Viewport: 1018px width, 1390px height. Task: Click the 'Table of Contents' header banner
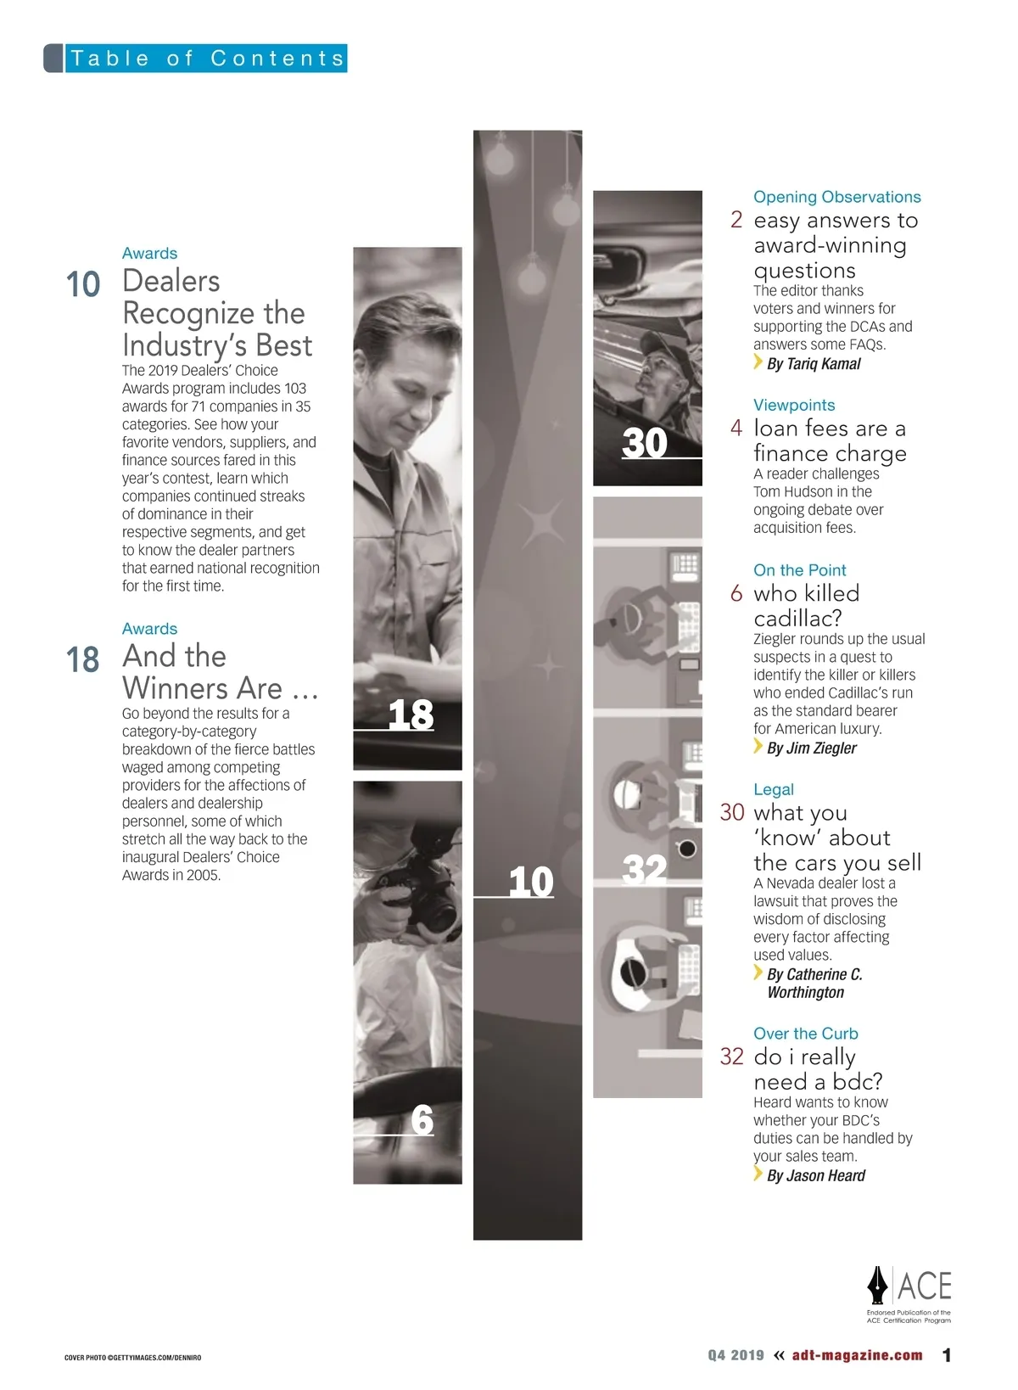(195, 58)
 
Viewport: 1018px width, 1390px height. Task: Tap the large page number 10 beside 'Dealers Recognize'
(82, 284)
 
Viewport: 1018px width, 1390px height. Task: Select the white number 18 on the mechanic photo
(411, 714)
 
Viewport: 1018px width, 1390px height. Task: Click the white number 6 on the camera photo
(422, 1119)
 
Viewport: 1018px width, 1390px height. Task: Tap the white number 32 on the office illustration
(645, 869)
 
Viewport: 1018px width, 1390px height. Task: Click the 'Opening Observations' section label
(836, 197)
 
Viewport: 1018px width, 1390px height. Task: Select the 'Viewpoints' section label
(794, 405)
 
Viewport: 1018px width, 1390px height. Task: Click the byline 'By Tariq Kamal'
(814, 364)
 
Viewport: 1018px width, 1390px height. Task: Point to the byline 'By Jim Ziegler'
(811, 748)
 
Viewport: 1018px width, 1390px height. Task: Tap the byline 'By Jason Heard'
(816, 1175)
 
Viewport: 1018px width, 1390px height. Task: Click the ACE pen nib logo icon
(877, 1285)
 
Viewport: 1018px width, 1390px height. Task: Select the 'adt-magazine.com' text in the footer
(858, 1355)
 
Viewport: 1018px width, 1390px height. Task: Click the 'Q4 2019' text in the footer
(736, 1355)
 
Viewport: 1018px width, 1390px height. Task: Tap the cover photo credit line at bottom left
(132, 1358)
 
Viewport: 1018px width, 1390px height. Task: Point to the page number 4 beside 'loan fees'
(736, 429)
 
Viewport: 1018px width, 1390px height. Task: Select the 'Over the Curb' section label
(806, 1034)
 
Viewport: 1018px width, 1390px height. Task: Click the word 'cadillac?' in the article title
(797, 619)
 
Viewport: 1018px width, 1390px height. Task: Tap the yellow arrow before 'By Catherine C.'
(758, 972)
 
